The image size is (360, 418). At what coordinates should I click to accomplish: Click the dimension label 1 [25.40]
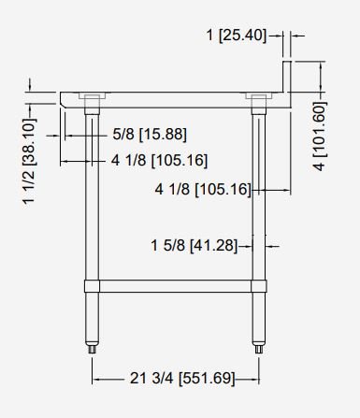(237, 35)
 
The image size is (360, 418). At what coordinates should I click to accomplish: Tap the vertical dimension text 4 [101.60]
(320, 136)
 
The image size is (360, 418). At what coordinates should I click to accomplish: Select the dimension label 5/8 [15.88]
(150, 135)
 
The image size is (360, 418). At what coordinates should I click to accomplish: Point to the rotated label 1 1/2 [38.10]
(29, 161)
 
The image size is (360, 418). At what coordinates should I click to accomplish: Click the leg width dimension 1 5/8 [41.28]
(194, 245)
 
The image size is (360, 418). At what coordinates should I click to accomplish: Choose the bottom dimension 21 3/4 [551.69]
(182, 379)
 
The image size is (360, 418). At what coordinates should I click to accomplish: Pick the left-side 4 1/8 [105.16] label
(159, 161)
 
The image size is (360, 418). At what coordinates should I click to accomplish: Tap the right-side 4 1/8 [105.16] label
(203, 189)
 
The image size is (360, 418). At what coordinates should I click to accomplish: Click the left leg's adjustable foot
(92, 349)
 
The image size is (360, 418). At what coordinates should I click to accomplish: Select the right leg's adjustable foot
(259, 349)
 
